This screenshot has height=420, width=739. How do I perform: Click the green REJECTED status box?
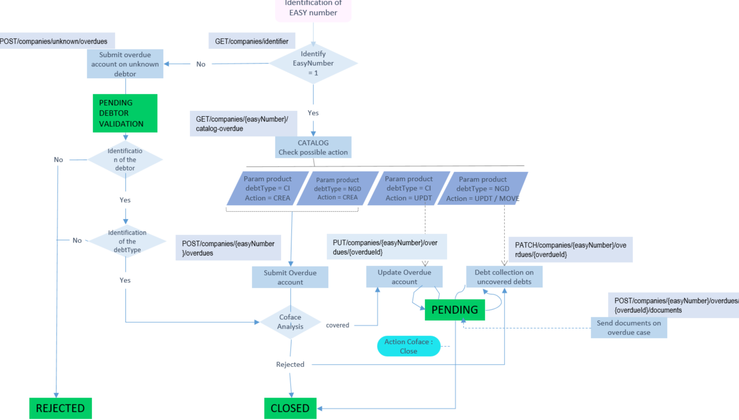click(60, 408)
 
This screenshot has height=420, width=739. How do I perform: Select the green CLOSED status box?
click(290, 408)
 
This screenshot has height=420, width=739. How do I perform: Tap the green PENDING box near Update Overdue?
click(455, 310)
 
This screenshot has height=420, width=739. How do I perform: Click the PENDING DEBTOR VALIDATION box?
click(125, 113)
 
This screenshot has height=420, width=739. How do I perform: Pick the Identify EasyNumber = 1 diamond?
click(313, 63)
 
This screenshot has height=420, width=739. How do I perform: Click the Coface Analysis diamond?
click(291, 322)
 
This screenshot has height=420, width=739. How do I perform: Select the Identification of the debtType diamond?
click(127, 241)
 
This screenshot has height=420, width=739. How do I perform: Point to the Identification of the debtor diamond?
click(125, 160)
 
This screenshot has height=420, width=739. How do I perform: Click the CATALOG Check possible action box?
click(313, 147)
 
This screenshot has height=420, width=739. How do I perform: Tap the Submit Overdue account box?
click(290, 277)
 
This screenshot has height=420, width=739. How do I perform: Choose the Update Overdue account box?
click(404, 277)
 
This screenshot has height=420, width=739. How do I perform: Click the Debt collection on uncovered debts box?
click(504, 277)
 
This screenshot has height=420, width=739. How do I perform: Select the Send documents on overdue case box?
click(629, 328)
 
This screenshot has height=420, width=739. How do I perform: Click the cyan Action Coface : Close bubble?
click(408, 346)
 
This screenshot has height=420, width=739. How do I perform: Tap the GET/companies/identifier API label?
click(251, 41)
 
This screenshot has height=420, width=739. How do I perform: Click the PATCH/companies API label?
click(570, 250)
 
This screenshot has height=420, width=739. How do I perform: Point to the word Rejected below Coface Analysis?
click(290, 364)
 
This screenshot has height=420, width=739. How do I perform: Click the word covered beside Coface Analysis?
click(337, 325)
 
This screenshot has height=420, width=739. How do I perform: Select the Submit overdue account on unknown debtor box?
click(125, 64)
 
